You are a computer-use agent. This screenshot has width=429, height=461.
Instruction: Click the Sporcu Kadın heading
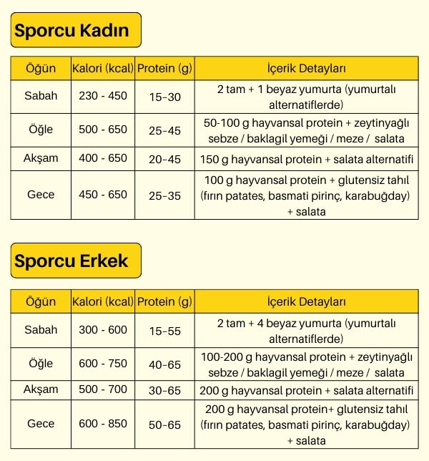[71, 31]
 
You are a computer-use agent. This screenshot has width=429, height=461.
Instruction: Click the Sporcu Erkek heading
[71, 261]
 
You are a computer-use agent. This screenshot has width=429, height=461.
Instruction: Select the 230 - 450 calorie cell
[103, 96]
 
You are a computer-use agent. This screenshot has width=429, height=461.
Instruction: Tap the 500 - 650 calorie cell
[103, 130]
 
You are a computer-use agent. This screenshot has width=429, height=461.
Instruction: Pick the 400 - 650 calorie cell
[103, 158]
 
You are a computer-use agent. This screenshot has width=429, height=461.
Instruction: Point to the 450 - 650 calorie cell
[103, 194]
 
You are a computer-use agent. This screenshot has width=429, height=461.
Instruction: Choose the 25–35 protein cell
[164, 195]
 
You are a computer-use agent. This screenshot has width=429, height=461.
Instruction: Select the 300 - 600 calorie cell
[103, 330]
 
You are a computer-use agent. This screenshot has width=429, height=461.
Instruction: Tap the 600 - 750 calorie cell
[103, 364]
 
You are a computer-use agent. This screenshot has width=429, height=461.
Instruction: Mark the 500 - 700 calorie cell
[103, 390]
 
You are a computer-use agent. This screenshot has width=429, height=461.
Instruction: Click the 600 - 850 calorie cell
[103, 424]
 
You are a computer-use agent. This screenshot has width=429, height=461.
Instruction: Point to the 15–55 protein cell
[164, 331]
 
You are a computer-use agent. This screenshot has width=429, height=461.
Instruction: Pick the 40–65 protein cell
[164, 364]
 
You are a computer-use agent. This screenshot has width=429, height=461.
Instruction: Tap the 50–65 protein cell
[164, 424]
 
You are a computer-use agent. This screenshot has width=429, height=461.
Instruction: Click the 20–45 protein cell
[164, 159]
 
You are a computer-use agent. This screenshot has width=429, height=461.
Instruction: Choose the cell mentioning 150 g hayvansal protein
[306, 158]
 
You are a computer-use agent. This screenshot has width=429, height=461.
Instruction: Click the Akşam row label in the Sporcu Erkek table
[41, 390]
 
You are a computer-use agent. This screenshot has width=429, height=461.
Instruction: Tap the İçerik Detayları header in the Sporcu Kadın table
[306, 69]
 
